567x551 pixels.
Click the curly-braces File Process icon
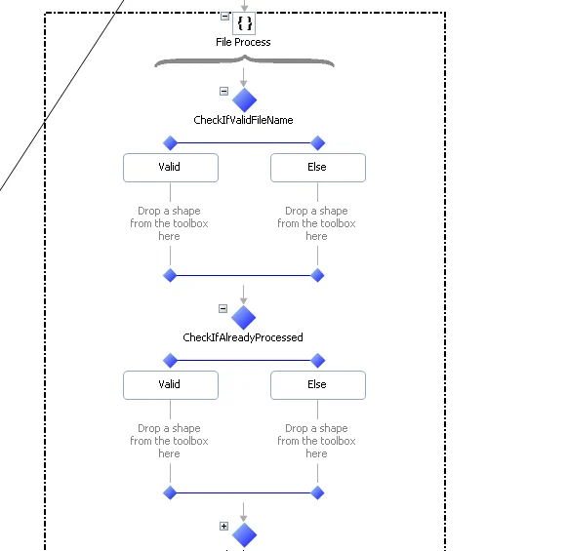(244, 23)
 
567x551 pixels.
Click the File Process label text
(243, 42)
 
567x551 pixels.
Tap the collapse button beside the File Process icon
(224, 17)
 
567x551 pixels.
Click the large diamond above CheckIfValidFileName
(244, 99)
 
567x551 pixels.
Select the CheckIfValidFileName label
(243, 120)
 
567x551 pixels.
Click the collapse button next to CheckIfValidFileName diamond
(223, 91)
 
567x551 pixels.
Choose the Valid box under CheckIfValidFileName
(171, 168)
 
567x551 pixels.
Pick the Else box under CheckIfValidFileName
(318, 168)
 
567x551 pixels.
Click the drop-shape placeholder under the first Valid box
(169, 223)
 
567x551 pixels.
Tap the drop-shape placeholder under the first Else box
(316, 223)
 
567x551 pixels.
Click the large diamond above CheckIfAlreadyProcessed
(243, 317)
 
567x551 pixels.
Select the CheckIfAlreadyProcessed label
(243, 337)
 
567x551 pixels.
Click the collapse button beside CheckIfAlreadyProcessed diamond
(223, 308)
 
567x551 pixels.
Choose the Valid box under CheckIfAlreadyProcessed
(171, 385)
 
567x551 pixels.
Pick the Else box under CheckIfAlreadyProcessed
(318, 385)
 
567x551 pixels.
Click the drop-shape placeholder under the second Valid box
(169, 441)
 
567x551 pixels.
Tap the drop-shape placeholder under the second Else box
(316, 441)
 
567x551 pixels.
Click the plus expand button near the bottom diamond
(223, 526)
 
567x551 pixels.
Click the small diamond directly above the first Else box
(318, 143)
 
